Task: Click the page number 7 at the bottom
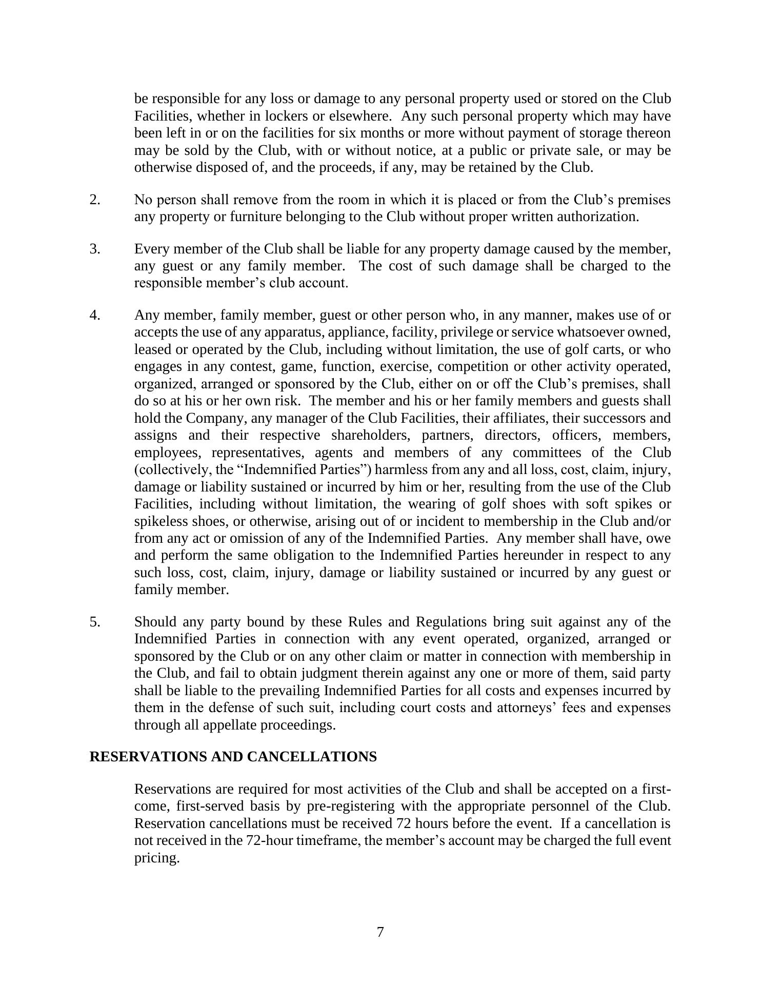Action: (x=380, y=932)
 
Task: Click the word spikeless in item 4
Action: (x=161, y=521)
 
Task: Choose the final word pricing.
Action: (x=156, y=858)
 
